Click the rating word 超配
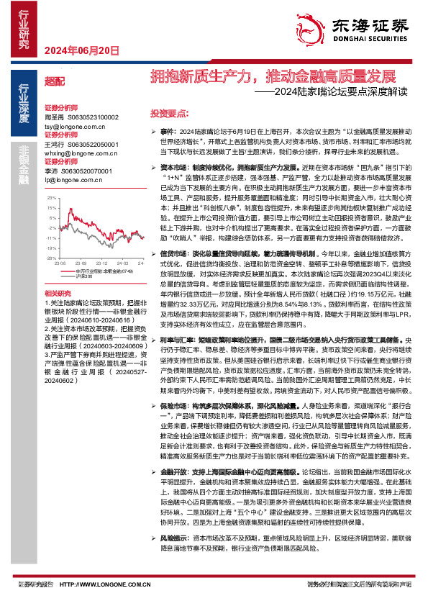(54, 81)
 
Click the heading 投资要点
(168, 113)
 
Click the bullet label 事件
(167, 132)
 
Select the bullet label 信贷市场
(173, 253)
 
